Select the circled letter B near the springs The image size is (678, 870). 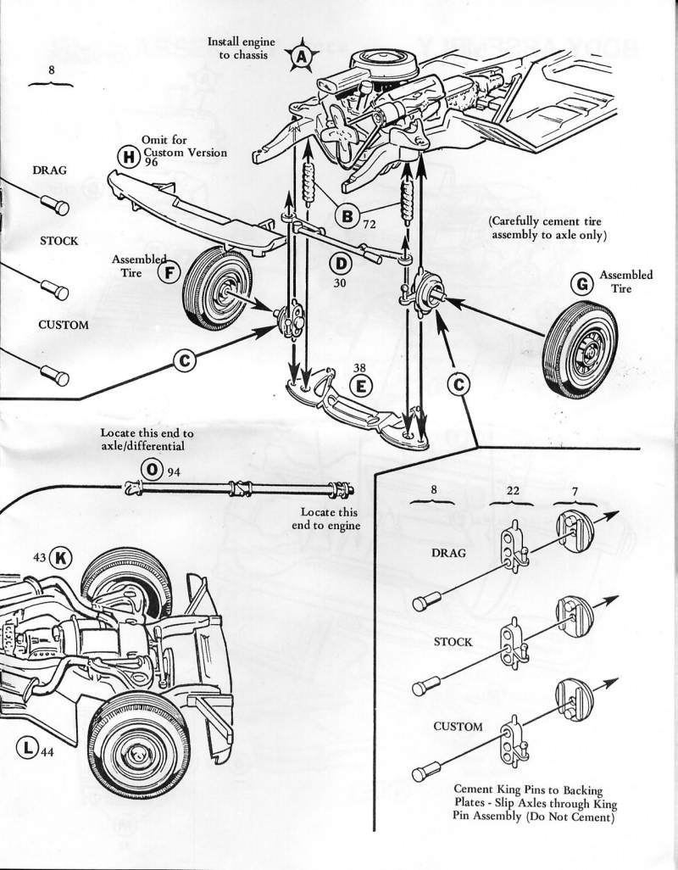(347, 216)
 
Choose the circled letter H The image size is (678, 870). (129, 156)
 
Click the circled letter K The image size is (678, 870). (62, 557)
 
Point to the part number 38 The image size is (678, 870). (360, 368)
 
